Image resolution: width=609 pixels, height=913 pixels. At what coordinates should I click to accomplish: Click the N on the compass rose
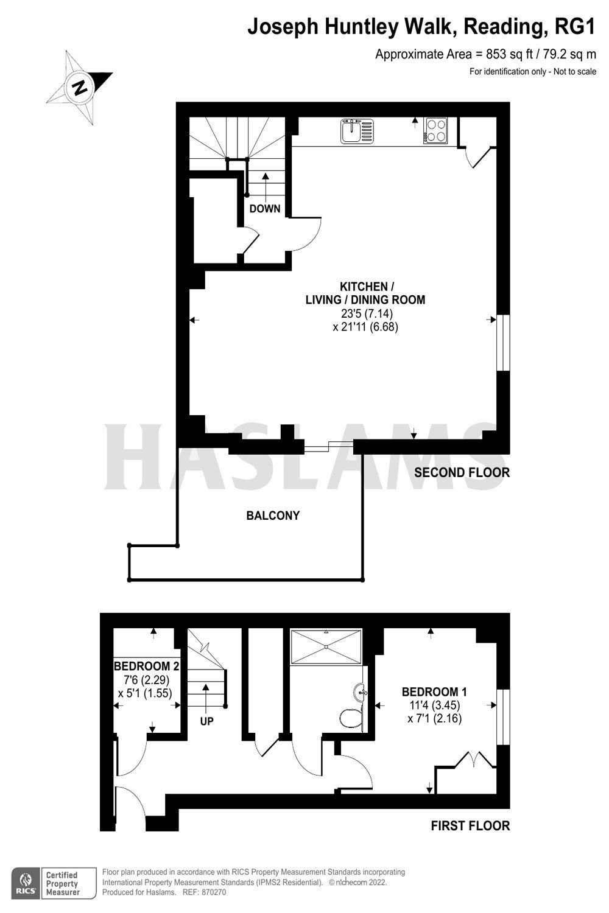click(80, 87)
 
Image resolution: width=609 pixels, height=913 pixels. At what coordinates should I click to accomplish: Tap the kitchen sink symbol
click(357, 130)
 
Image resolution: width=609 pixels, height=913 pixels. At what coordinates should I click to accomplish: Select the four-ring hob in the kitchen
click(435, 130)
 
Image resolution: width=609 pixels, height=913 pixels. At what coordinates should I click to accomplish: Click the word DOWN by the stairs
click(265, 209)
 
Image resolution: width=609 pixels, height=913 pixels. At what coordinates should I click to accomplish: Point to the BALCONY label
click(273, 516)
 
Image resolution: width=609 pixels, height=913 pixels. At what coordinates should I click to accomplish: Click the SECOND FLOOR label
click(462, 472)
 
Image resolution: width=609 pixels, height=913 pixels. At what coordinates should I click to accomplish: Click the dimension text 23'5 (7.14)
click(367, 313)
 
